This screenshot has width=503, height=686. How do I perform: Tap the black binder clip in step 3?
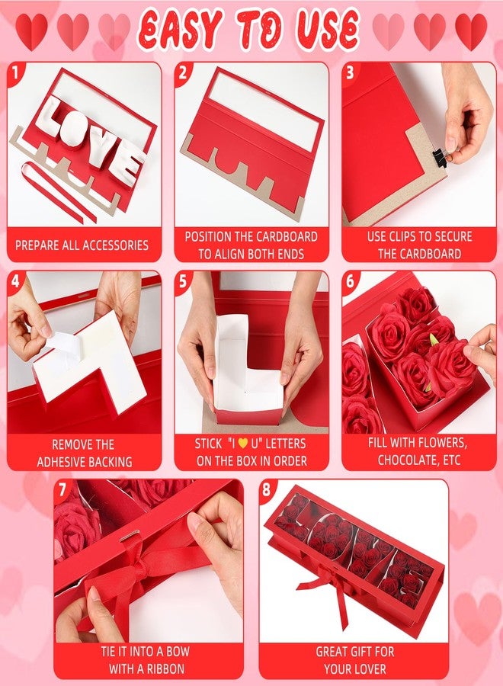click(x=441, y=158)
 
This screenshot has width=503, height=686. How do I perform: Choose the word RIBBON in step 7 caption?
click(x=159, y=668)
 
